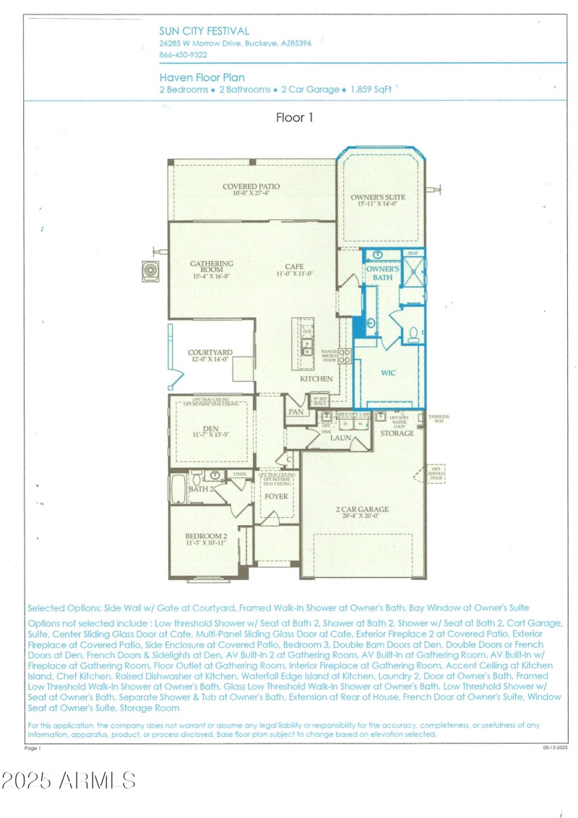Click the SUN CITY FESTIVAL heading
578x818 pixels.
click(x=204, y=31)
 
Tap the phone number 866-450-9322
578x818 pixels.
click(x=183, y=54)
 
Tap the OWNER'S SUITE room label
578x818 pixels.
click(x=378, y=197)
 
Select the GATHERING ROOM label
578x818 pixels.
click(x=211, y=264)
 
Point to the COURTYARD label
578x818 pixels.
click(x=210, y=353)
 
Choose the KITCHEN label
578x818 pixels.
click(x=316, y=378)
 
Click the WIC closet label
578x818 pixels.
click(x=388, y=373)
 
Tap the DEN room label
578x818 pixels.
click(x=211, y=427)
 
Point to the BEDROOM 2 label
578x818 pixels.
click(x=205, y=536)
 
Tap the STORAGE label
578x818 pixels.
click(x=397, y=433)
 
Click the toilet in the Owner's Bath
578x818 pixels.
click(x=414, y=334)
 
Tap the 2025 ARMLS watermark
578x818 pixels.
click(x=69, y=780)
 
